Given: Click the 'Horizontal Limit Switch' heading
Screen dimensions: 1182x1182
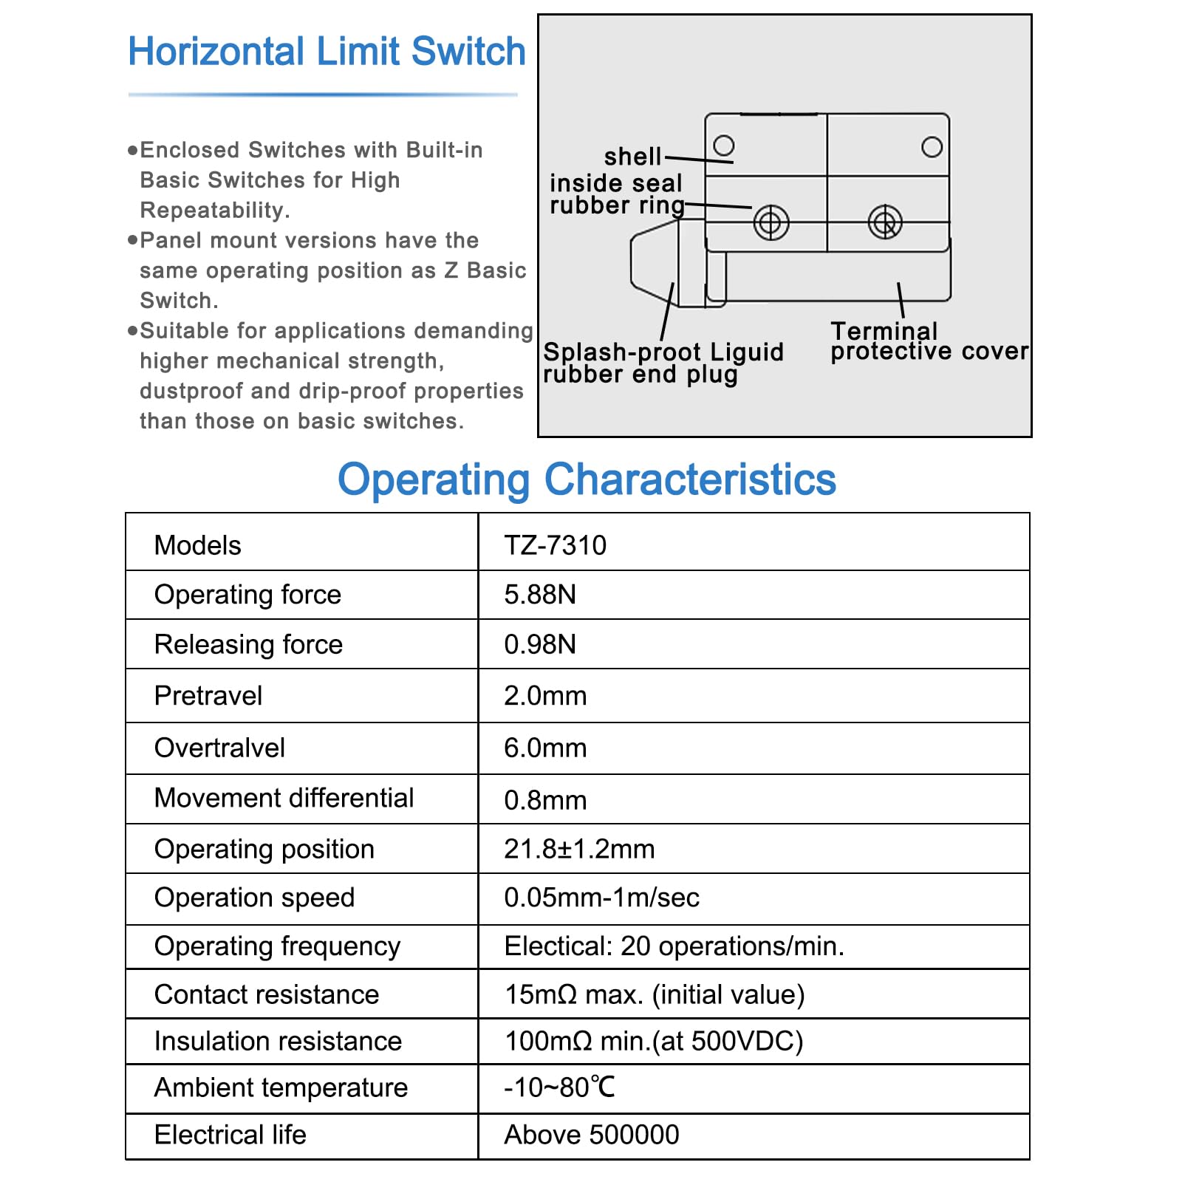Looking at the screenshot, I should [327, 52].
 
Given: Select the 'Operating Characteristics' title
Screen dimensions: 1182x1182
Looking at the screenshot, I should [587, 479].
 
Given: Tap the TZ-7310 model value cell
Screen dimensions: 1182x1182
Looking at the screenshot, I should [555, 545].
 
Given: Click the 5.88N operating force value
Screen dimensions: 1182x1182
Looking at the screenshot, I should [539, 595].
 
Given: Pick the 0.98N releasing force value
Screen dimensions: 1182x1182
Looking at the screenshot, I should [539, 644].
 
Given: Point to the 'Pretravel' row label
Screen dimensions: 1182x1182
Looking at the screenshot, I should [208, 696].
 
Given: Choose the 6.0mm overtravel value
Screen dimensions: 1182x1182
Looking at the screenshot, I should [545, 748].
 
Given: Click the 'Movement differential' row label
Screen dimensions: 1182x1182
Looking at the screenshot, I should [284, 798].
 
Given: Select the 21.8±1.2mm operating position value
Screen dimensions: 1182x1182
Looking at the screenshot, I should [579, 849].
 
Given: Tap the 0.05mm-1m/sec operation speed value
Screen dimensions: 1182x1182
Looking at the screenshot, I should [601, 898].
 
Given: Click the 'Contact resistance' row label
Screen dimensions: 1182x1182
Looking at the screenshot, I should [266, 994].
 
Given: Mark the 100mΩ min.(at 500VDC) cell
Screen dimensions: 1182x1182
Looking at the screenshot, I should [653, 1041].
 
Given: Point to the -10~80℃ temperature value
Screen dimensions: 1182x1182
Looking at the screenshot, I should [559, 1087].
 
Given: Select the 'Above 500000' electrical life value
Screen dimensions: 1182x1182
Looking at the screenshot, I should [591, 1135].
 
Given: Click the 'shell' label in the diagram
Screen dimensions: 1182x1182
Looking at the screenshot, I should [632, 157].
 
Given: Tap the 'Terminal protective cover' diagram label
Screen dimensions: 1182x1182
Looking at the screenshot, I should [929, 341].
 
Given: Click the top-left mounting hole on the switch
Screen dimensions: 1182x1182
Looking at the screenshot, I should [724, 145].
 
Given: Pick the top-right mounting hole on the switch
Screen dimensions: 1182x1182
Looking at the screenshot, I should [932, 147].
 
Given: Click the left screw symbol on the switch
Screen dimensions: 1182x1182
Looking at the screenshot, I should [771, 222].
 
